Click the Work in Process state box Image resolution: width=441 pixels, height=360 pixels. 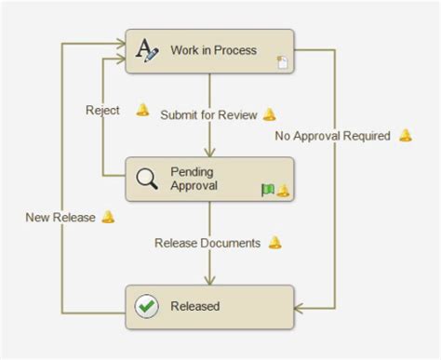click(209, 50)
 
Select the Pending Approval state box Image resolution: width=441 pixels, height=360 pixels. click(209, 179)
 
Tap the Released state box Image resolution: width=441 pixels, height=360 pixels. click(209, 306)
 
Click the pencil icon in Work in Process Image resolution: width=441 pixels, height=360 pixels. click(148, 50)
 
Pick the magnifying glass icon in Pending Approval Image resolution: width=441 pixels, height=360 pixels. click(148, 179)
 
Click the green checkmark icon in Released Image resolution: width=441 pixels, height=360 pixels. click(147, 306)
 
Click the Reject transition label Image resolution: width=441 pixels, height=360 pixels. click(102, 110)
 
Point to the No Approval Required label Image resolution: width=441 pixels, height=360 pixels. click(332, 136)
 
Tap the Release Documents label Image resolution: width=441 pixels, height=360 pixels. click(207, 243)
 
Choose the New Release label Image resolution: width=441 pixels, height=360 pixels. click(60, 218)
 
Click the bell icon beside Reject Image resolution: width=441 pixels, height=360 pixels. click(142, 110)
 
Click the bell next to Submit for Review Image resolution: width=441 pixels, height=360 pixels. click(269, 114)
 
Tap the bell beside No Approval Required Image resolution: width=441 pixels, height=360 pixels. click(405, 135)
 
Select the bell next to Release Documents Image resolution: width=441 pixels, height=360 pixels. click(274, 243)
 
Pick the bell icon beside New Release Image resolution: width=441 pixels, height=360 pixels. click(108, 217)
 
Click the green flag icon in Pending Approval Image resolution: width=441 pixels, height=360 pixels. click(268, 190)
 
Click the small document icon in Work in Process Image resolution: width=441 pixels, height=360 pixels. click(282, 63)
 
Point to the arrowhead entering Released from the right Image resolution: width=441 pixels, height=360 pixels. click(301, 307)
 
